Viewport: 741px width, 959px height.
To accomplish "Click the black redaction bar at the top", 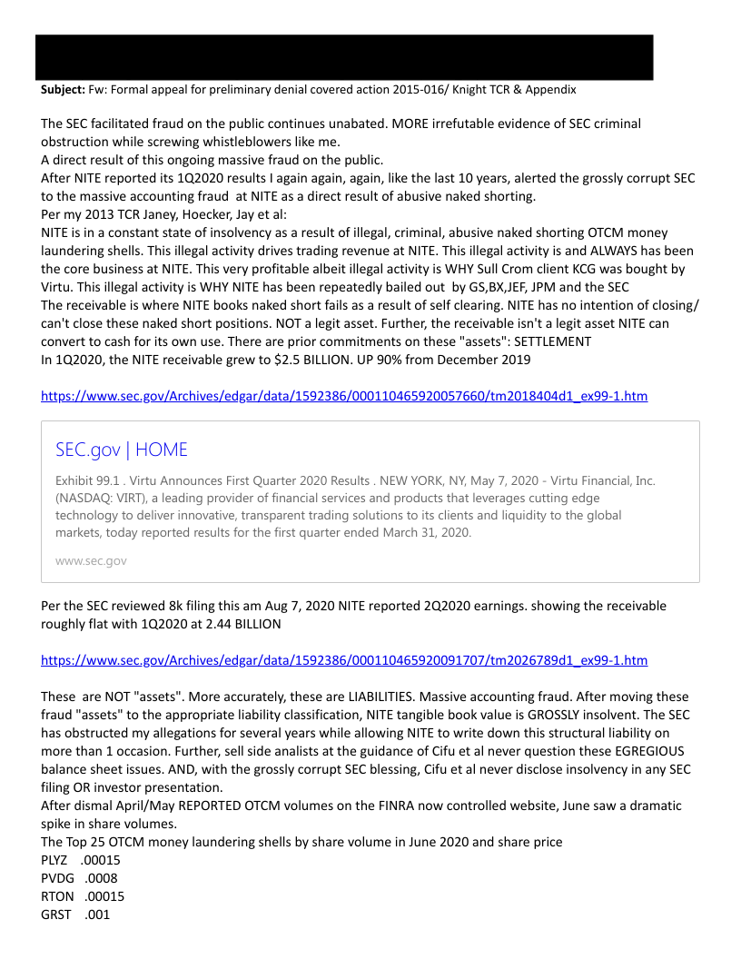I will pyautogui.click(x=344, y=57).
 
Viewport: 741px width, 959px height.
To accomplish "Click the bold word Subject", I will pyautogui.click(x=62, y=90).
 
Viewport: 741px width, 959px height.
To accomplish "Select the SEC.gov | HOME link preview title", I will pyautogui.click(x=122, y=450).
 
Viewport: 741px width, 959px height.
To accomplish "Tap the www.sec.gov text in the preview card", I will pyautogui.click(x=91, y=560).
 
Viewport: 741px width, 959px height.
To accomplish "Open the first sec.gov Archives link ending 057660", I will pyautogui.click(x=344, y=396).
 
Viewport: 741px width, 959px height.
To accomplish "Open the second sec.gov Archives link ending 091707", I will pyautogui.click(x=344, y=660).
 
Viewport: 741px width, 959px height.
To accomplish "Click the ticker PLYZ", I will pyautogui.click(x=54, y=860).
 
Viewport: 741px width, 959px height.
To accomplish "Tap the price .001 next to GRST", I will pyautogui.click(x=97, y=915).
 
